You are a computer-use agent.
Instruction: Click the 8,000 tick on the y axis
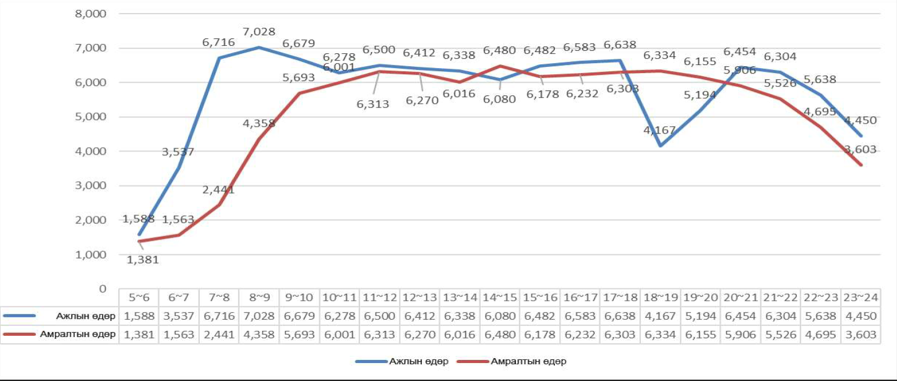[90, 13]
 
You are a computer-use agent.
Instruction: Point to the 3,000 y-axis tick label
[90, 186]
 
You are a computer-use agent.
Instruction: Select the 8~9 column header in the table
[259, 298]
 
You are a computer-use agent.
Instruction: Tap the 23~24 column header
[861, 298]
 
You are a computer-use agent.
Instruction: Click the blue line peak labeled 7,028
[259, 47]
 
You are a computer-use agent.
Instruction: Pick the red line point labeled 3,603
[861, 165]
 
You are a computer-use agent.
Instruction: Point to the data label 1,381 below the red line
[143, 260]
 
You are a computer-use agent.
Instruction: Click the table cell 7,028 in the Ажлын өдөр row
[259, 316]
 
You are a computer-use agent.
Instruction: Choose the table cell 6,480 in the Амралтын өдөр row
[499, 335]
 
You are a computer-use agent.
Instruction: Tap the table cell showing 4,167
[660, 316]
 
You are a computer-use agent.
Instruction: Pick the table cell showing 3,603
[861, 335]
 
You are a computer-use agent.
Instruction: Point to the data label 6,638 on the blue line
[620, 45]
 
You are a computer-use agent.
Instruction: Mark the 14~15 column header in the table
[499, 298]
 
